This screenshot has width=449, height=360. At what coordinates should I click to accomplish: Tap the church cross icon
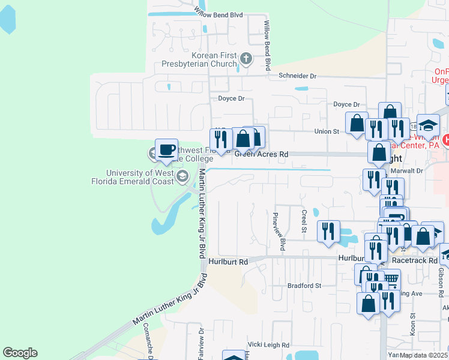pos(246,59)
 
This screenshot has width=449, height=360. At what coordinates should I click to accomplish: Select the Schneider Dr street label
pos(297,76)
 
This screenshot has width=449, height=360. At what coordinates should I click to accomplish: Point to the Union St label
pos(327,131)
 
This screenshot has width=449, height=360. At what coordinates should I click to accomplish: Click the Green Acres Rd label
pos(261,154)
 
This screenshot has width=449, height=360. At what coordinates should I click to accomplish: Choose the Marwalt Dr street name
pos(411,170)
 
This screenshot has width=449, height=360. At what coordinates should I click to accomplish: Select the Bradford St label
pos(305,286)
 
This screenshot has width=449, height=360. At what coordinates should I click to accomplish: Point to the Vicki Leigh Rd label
pos(269,345)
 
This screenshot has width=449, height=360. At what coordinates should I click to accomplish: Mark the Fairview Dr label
pos(202,343)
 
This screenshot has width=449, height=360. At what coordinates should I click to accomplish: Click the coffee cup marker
pos(166,149)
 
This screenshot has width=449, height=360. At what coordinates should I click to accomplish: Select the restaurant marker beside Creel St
pos(328,230)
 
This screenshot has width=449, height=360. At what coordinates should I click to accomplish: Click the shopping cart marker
pos(390,280)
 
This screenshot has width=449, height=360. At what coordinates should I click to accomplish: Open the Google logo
pos(20,353)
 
